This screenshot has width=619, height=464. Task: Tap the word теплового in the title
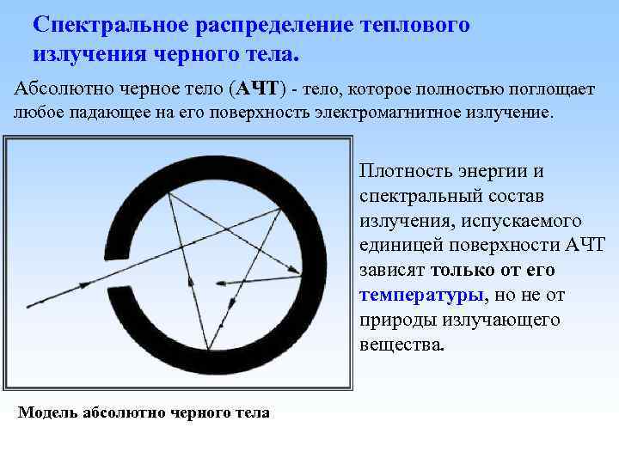[411, 24]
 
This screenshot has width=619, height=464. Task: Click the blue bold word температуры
[421, 295]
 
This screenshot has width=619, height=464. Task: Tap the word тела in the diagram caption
[253, 413]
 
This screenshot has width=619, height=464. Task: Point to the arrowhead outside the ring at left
[32, 304]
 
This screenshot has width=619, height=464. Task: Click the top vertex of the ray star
[169, 193]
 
